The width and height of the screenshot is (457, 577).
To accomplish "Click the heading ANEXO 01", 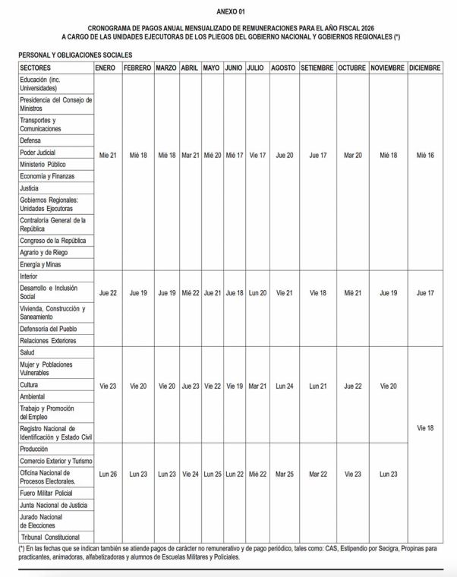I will click(230, 12).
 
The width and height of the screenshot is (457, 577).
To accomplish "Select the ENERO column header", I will click(106, 68).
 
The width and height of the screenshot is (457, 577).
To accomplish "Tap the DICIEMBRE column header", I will click(424, 68).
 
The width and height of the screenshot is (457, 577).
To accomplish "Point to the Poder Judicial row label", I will click(38, 153).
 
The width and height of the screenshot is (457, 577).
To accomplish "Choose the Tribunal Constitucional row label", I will click(50, 537).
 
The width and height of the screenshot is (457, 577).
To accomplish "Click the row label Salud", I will click(29, 353).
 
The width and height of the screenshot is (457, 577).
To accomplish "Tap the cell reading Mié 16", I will click(425, 155).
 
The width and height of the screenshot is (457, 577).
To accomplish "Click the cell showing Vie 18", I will click(425, 428).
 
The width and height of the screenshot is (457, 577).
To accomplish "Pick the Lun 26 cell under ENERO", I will click(108, 474).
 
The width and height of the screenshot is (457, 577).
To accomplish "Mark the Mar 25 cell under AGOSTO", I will click(284, 474).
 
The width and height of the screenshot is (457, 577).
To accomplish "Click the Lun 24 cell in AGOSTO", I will click(284, 386).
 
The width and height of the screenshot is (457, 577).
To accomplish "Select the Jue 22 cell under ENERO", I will click(108, 292).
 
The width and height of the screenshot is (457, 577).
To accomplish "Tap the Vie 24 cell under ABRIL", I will click(190, 474).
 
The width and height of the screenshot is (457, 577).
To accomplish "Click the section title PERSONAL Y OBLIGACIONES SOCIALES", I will click(75, 55).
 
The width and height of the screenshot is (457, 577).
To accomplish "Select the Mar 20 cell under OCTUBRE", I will click(353, 155).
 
